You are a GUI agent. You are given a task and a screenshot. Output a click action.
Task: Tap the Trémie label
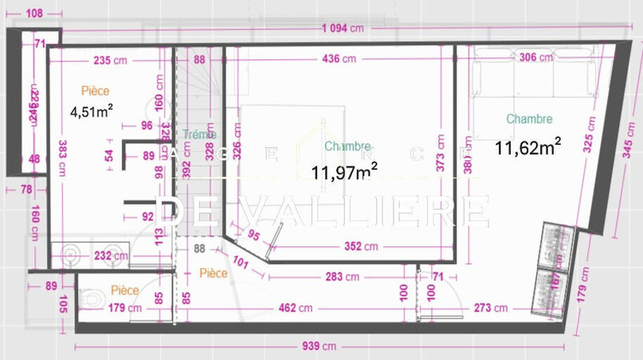tap(201, 135)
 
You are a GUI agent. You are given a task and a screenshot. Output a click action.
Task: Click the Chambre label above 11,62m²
tap(529, 119)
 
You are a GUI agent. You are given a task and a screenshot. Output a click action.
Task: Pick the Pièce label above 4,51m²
tap(96, 90)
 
